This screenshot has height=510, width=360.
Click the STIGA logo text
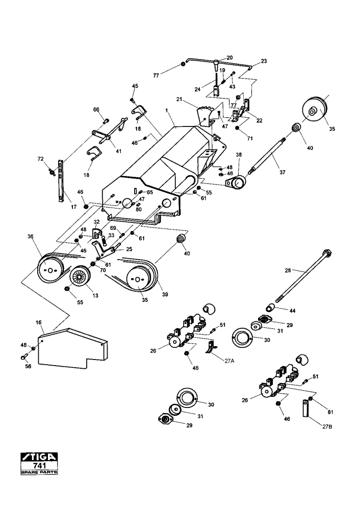pyautogui.click(x=39, y=457)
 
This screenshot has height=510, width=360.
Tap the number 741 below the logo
pyautogui.click(x=39, y=466)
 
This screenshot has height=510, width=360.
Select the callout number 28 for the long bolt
pyautogui.click(x=288, y=270)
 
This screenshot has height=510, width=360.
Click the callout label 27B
pyautogui.click(x=327, y=426)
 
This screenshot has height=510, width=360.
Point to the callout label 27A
pyautogui.click(x=229, y=361)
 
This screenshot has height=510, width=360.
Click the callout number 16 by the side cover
pyautogui.click(x=39, y=323)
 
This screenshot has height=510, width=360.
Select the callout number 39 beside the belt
pyautogui.click(x=165, y=294)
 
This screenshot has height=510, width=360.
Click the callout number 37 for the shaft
pyautogui.click(x=282, y=172)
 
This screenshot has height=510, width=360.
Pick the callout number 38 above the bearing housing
pyautogui.click(x=239, y=155)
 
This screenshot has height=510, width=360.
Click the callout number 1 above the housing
pyautogui.click(x=166, y=111)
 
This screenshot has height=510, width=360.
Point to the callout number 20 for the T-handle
pyautogui.click(x=229, y=58)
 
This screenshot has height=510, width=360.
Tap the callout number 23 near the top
pyautogui.click(x=264, y=61)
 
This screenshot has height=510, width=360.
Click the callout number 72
pyautogui.click(x=40, y=159)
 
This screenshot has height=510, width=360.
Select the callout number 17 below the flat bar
pyautogui.click(x=73, y=207)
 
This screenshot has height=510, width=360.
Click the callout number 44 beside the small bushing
pyautogui.click(x=292, y=311)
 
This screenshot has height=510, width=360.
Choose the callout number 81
pyautogui.click(x=330, y=412)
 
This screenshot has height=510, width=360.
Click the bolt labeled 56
pyautogui.click(x=23, y=356)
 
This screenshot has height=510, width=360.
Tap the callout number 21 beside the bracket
pyautogui.click(x=179, y=99)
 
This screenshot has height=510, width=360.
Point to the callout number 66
pyautogui.click(x=96, y=110)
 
